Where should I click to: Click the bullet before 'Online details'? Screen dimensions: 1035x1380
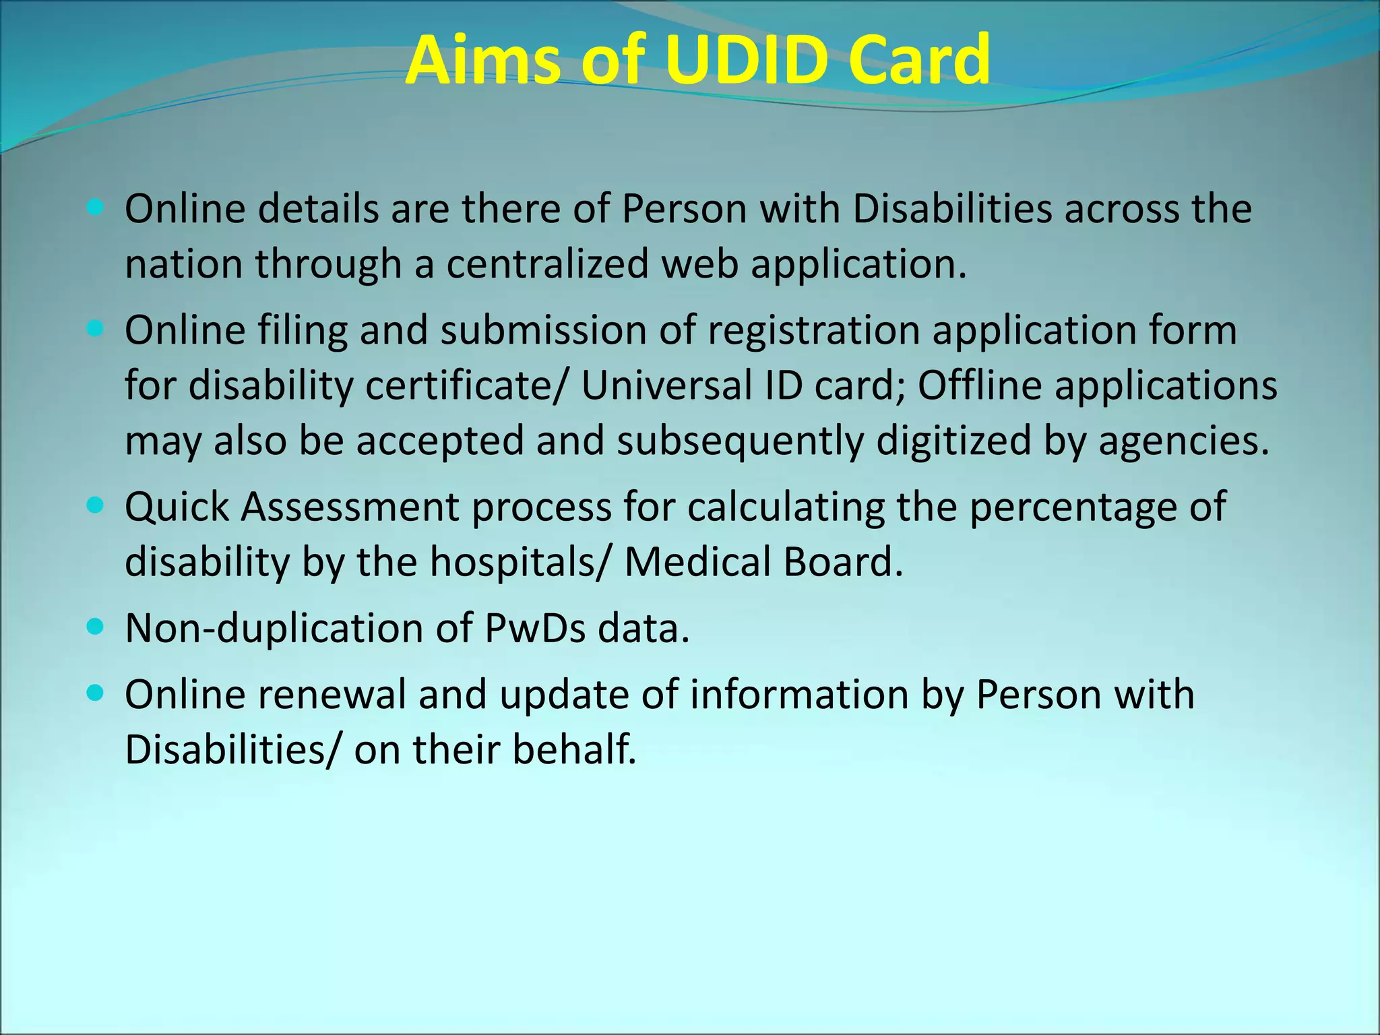96,208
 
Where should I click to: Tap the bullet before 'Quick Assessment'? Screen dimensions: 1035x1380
96,505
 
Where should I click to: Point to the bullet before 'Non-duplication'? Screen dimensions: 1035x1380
96,627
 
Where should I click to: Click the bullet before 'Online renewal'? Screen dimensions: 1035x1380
96,693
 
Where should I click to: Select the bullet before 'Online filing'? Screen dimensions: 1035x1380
96,329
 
